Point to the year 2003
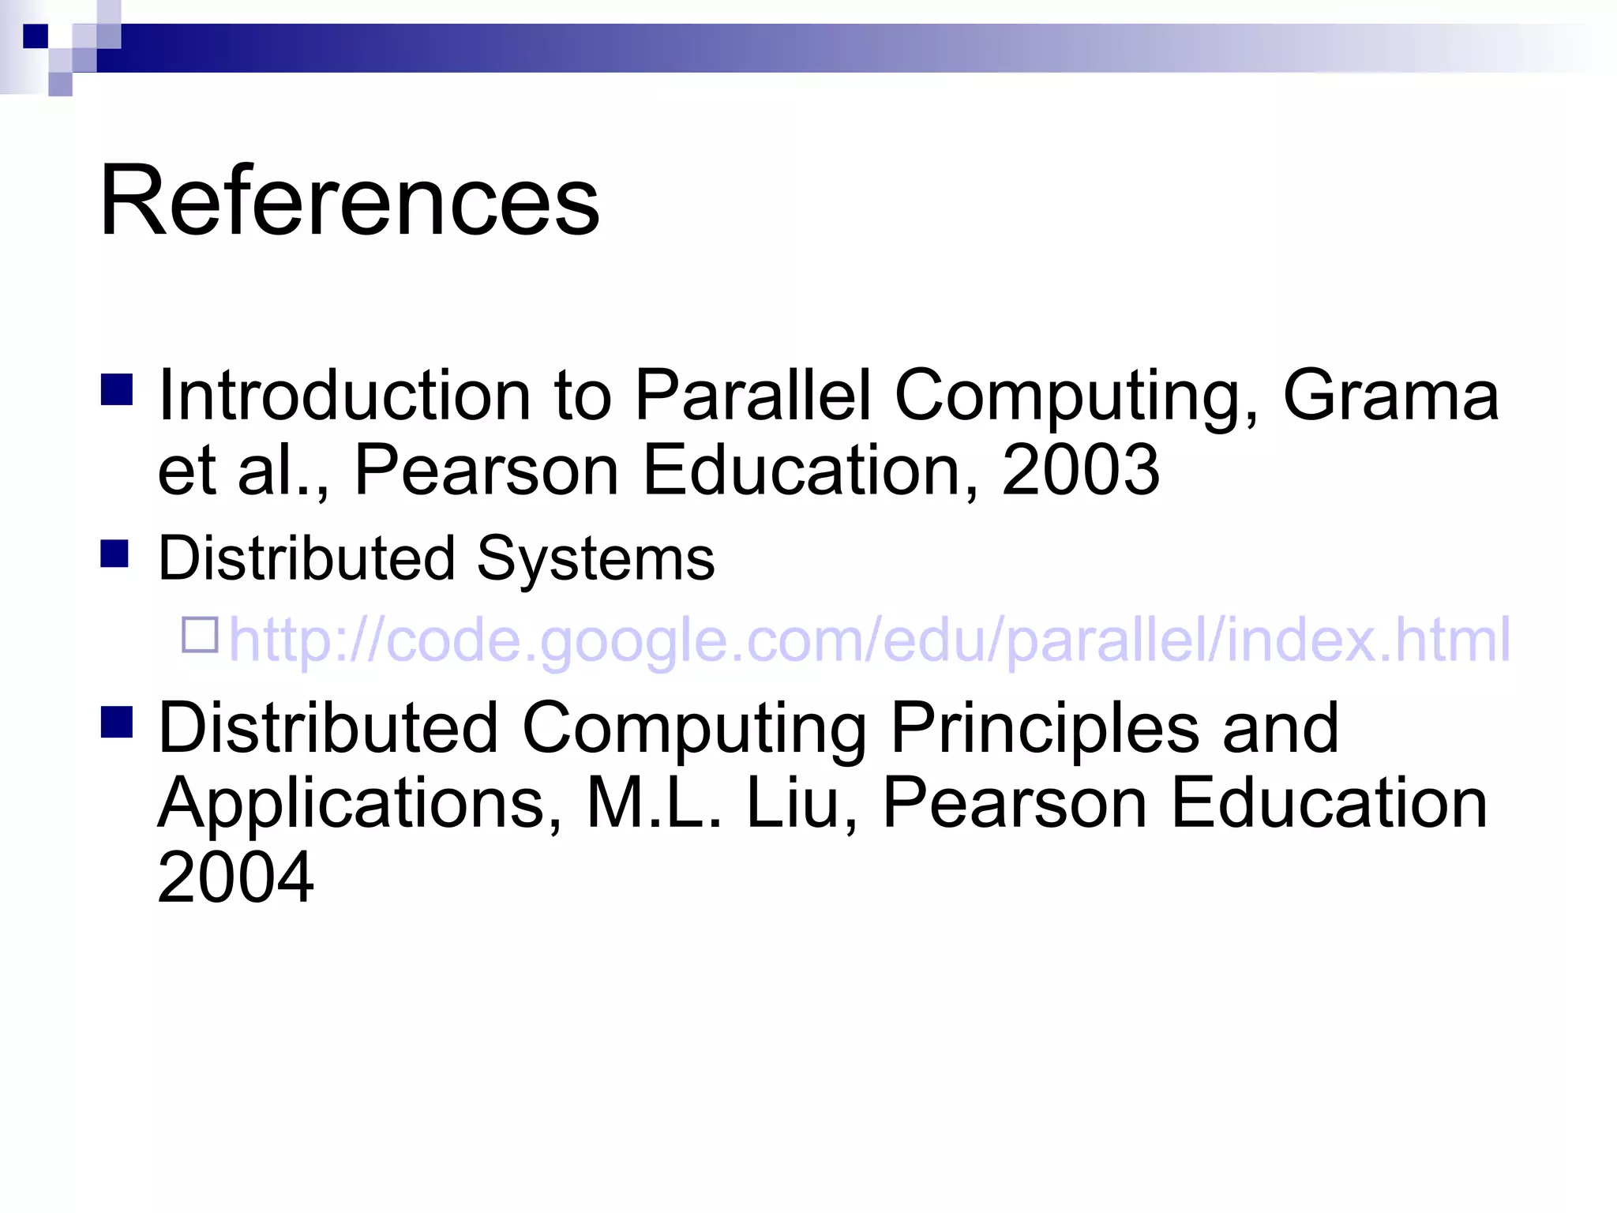1080,470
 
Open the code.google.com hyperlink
869,639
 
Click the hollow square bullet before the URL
200,635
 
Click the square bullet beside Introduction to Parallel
116,389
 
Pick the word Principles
1045,727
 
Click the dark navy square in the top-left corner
36,36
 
